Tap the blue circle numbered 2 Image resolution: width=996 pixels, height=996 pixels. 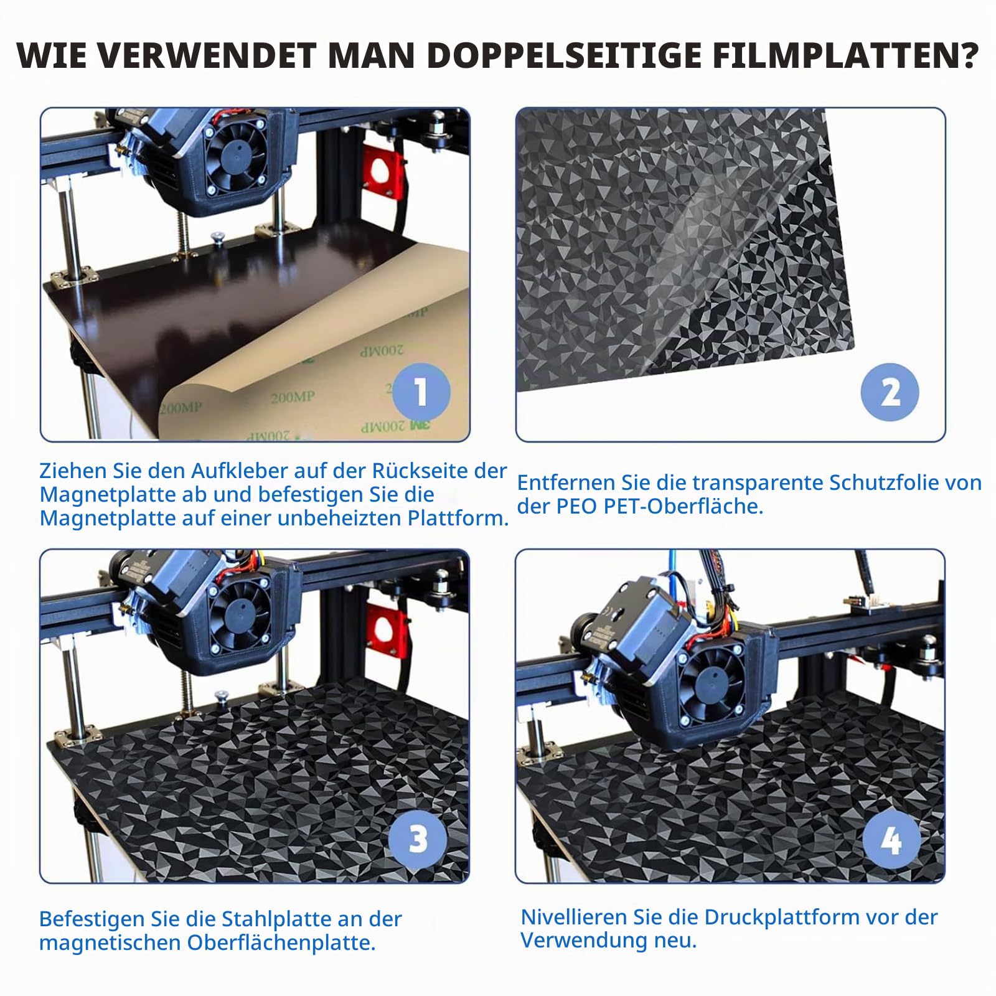pyautogui.click(x=890, y=393)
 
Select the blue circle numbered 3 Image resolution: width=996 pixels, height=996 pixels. pyautogui.click(x=418, y=839)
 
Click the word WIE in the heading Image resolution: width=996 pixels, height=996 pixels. pyautogui.click(x=53, y=56)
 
